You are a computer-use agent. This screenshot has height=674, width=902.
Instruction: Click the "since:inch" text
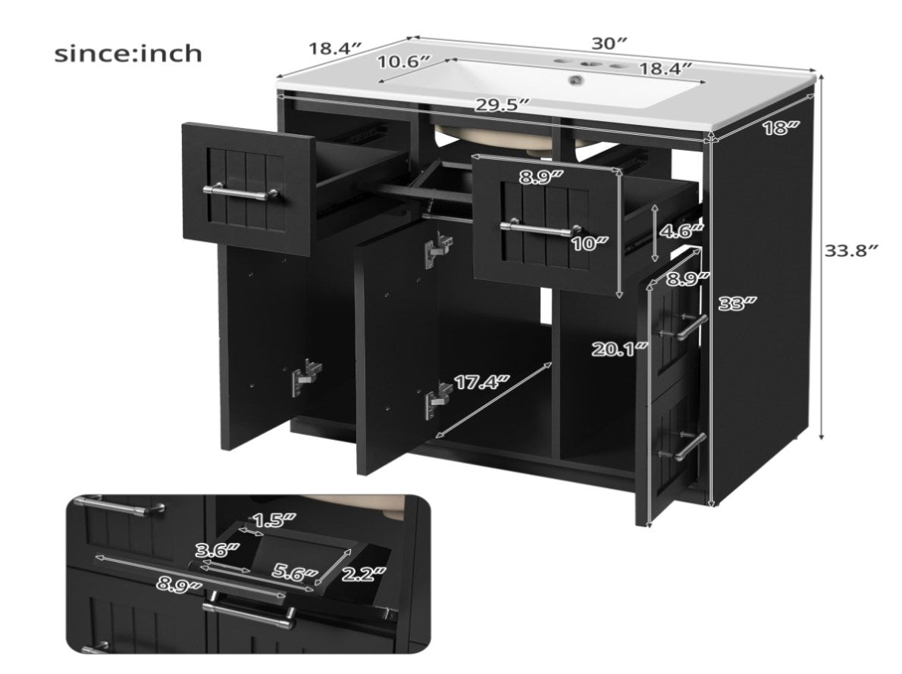coord(127,54)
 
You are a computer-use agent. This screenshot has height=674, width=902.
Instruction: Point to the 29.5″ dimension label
coord(503,105)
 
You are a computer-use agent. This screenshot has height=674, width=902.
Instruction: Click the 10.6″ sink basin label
coord(404,61)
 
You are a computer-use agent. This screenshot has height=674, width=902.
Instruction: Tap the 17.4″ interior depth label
coord(482,382)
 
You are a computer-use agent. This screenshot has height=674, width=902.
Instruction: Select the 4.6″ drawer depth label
coord(681,231)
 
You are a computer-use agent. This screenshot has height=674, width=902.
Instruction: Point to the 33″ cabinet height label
coord(738,303)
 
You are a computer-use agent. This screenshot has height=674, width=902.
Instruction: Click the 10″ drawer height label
coord(589,243)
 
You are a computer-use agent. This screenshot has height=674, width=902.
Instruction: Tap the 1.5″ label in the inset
coord(274,520)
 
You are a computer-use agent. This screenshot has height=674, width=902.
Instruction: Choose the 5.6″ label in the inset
coord(295,573)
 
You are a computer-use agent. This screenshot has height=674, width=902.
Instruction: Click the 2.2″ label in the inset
coord(363,573)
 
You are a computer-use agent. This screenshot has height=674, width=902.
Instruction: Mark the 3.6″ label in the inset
coord(218,551)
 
